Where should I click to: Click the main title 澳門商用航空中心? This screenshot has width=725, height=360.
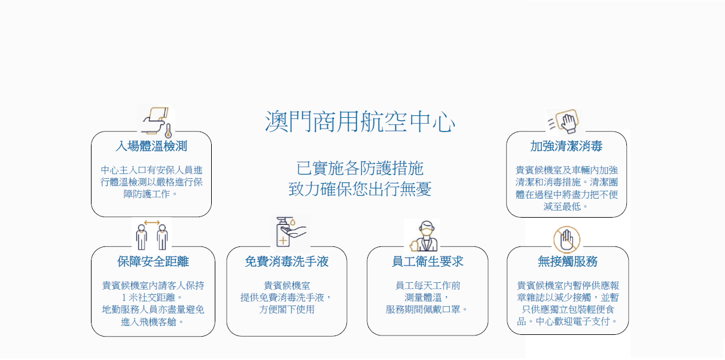[x=360, y=121]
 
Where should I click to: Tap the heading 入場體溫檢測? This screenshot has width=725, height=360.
[x=151, y=146]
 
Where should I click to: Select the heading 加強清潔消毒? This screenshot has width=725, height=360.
[x=566, y=146]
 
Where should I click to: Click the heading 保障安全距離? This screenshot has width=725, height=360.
[x=153, y=261]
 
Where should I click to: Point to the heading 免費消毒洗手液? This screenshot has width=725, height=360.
[x=287, y=261]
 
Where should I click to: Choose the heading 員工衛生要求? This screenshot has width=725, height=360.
[x=428, y=261]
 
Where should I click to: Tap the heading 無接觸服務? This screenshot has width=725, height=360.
[x=568, y=261]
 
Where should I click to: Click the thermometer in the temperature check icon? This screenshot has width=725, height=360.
[x=168, y=131]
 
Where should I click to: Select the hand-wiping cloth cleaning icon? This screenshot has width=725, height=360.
[x=564, y=121]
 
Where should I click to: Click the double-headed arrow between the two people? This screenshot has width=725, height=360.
[x=152, y=222]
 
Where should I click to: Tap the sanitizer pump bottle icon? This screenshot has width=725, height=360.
[x=283, y=232]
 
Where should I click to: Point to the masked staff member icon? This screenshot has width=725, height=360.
[x=424, y=236]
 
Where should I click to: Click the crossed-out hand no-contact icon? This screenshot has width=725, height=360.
[x=566, y=240]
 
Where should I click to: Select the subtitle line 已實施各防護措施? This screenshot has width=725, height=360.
[x=360, y=168]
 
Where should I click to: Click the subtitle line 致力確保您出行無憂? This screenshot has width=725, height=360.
[x=360, y=189]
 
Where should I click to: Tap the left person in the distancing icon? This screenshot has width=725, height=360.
[x=141, y=237]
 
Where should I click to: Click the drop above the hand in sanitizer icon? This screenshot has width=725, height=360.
[x=293, y=222]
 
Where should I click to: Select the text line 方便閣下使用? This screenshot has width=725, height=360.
[x=287, y=310]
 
